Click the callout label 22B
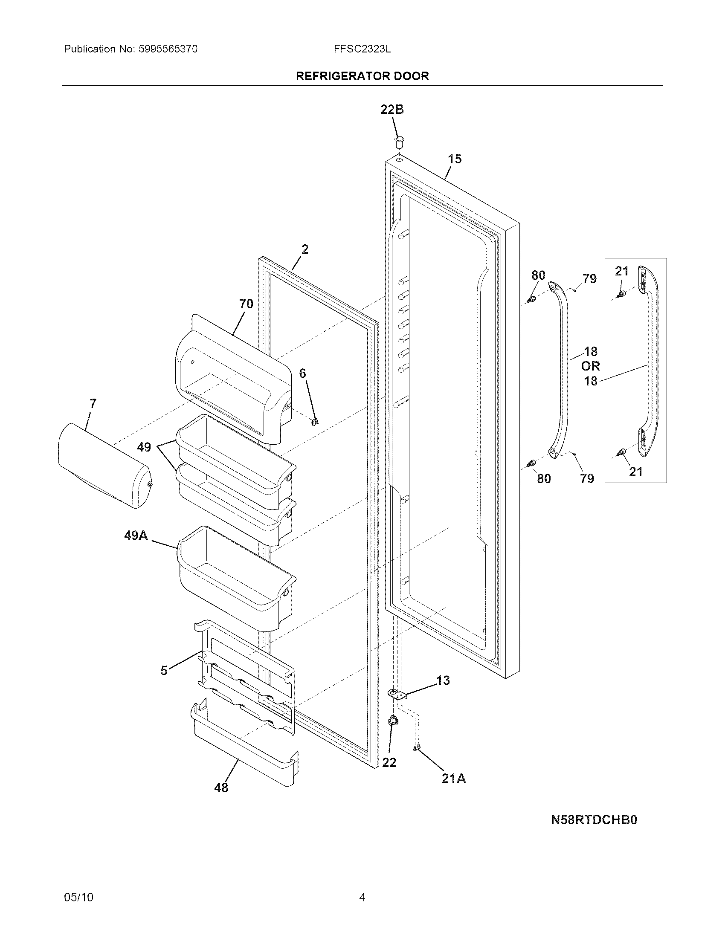[x=391, y=110]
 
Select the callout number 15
[x=455, y=159]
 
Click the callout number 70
[x=246, y=304]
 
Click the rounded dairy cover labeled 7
[x=103, y=466]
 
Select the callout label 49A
[x=136, y=535]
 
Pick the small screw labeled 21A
[x=415, y=749]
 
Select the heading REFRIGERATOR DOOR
[x=362, y=76]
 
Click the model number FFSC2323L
[x=362, y=49]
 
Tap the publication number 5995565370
[x=168, y=49]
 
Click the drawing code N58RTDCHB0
[x=594, y=820]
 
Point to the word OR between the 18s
[x=590, y=366]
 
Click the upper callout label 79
[x=589, y=279]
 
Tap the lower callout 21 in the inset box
[x=636, y=472]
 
